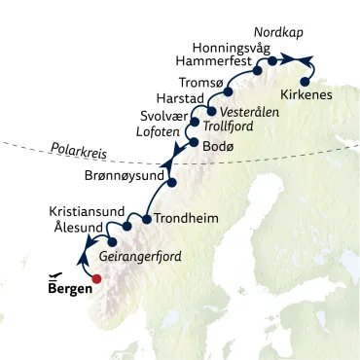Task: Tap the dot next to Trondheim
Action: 146,219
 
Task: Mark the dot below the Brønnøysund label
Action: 171,182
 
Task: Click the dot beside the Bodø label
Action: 193,143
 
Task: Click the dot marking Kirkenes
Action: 306,82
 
